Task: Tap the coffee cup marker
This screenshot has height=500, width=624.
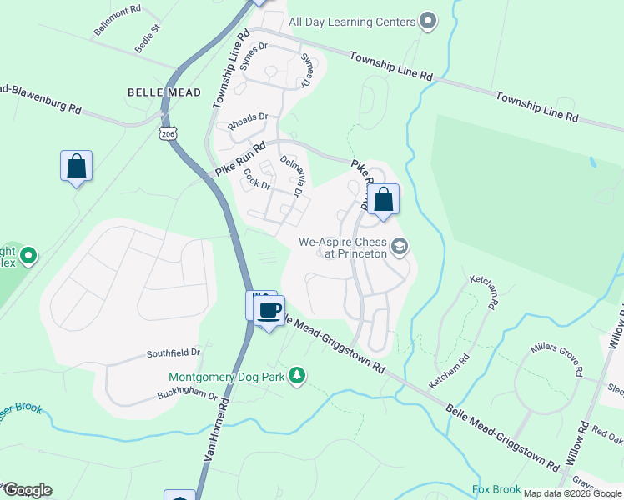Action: pos(269,312)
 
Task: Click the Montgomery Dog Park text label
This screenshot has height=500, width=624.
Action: pos(225,377)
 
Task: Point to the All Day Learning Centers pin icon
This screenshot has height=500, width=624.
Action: pos(428,21)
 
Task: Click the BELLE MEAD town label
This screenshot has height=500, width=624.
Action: pos(164,92)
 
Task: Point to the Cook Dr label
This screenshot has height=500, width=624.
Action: pos(257,179)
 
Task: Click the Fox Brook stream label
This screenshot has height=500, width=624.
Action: pos(496,489)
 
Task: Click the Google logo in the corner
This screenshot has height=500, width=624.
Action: pos(27,490)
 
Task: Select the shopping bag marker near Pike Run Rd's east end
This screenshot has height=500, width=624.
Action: pos(383,200)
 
